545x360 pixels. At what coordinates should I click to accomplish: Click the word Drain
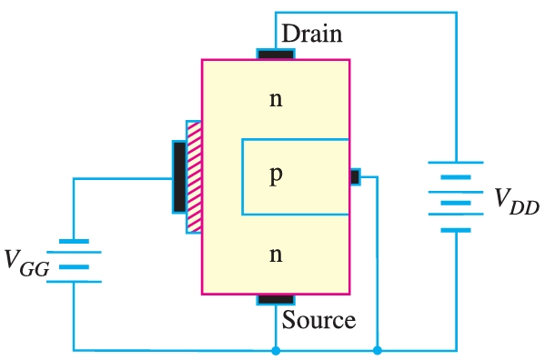[x=312, y=35]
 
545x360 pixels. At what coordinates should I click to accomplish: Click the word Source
[x=318, y=320]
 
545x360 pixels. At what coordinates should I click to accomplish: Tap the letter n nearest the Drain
[x=276, y=98]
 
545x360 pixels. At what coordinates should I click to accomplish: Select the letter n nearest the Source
[x=276, y=255]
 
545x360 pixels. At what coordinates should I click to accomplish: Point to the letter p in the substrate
[x=276, y=176]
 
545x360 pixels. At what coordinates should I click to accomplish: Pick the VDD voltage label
[x=516, y=201]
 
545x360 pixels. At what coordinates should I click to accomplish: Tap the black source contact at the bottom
[x=276, y=299]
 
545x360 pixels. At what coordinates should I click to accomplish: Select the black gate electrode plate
[x=178, y=177]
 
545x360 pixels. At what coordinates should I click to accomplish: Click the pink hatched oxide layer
[x=193, y=177]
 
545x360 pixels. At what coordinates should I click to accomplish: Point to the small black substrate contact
[x=355, y=176]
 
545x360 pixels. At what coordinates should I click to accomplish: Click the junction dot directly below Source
[x=276, y=350]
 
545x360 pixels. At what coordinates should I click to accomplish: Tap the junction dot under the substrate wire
[x=378, y=350]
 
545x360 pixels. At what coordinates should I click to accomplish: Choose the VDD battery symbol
[x=455, y=196]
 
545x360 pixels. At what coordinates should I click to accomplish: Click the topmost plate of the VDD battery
[x=455, y=164]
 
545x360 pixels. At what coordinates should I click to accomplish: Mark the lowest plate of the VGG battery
[x=74, y=281]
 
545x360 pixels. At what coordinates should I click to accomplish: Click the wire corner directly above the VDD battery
[x=455, y=13]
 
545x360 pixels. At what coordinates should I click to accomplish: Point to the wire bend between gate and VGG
[x=74, y=178]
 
